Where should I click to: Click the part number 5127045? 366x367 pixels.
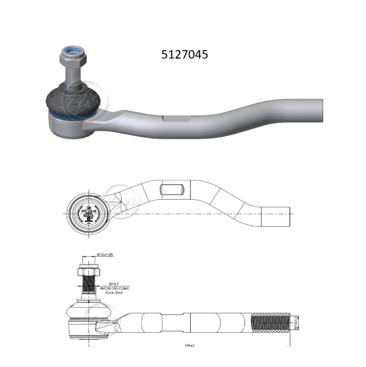pos(184,55)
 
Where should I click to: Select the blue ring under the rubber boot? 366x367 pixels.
pos(69,117)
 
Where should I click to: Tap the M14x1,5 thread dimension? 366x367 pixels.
pos(294,323)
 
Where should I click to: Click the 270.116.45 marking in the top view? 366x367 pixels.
pos(87,210)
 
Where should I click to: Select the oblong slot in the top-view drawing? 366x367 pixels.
pos(172,189)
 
